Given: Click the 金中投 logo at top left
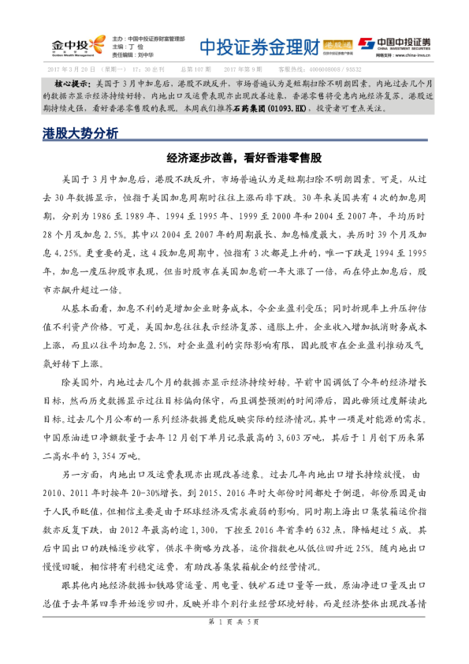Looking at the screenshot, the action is [76, 45].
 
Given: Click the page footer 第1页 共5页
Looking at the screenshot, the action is [234, 644].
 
